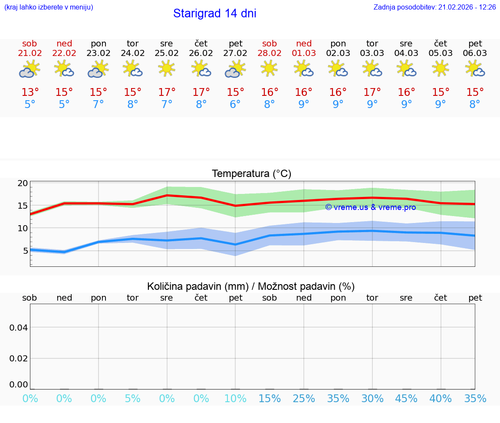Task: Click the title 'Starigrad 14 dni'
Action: click(x=214, y=13)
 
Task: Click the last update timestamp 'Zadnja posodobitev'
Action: click(x=434, y=7)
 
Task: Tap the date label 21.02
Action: click(x=30, y=53)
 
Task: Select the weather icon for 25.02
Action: click(x=167, y=69)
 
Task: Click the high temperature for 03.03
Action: click(x=372, y=92)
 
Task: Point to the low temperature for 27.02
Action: click(x=235, y=105)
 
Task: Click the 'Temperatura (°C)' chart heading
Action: click(x=251, y=174)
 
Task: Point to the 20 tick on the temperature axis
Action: click(x=23, y=183)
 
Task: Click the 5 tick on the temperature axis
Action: click(x=25, y=251)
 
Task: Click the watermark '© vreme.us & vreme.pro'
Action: click(x=370, y=207)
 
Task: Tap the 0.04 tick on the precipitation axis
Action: click(x=19, y=328)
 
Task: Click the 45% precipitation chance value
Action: click(x=406, y=399)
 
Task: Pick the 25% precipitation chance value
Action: click(x=304, y=399)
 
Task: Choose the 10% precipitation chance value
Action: click(x=235, y=399)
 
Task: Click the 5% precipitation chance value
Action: click(x=132, y=399)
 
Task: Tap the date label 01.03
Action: click(x=304, y=53)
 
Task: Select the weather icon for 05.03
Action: click(x=441, y=69)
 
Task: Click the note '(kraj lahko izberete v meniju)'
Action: click(x=49, y=7)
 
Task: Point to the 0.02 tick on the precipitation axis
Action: click(x=19, y=358)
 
